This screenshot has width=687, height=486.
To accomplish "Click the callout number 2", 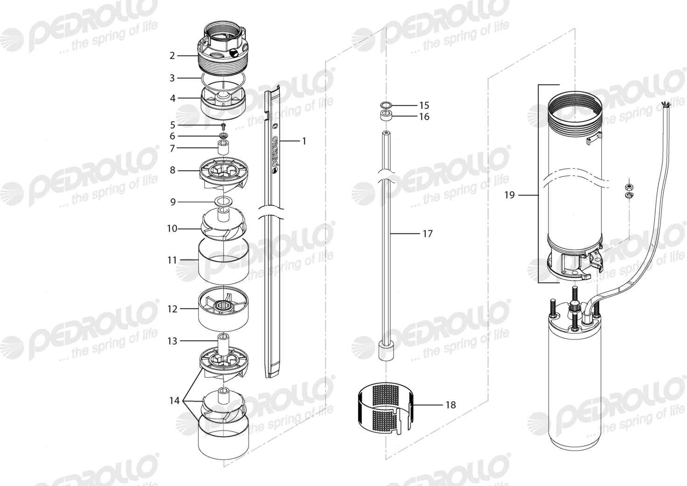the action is pyautogui.click(x=172, y=56).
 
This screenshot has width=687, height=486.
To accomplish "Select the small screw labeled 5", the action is pyautogui.click(x=223, y=125).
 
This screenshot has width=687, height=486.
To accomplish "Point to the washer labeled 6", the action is pyautogui.click(x=223, y=136).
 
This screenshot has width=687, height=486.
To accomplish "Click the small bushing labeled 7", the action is pyautogui.click(x=223, y=147).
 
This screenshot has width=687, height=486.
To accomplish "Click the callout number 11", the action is pyautogui.click(x=172, y=260).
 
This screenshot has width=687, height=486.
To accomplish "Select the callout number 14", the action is pyautogui.click(x=174, y=400).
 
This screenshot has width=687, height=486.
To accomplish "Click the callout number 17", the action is pyautogui.click(x=428, y=234).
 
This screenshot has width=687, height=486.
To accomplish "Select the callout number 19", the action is pyautogui.click(x=509, y=195).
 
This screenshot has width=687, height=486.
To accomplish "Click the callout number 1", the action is pyautogui.click(x=304, y=141).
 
